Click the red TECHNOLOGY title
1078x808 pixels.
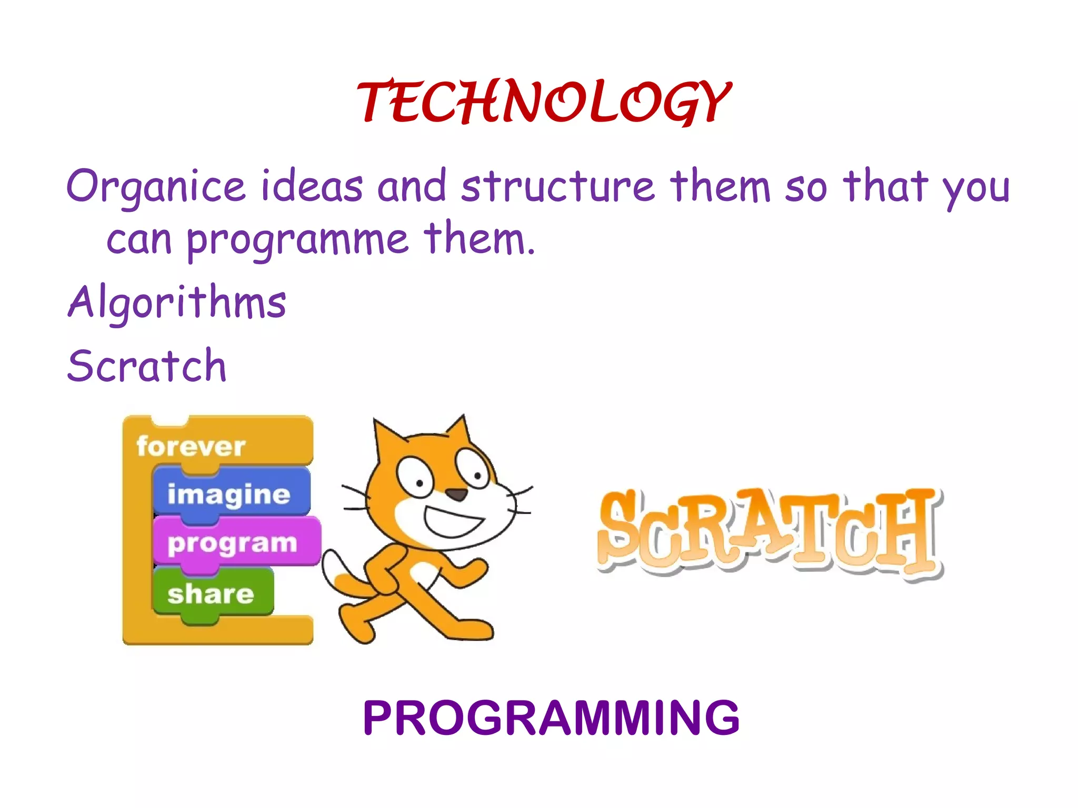[x=543, y=103]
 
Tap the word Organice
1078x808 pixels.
[x=156, y=187]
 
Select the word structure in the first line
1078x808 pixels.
[x=558, y=187]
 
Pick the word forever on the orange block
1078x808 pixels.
[x=191, y=447]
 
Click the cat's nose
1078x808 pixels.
[x=456, y=494]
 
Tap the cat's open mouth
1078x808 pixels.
[x=453, y=522]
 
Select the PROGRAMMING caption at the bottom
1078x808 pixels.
[x=551, y=718]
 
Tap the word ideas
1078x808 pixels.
[x=312, y=187]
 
